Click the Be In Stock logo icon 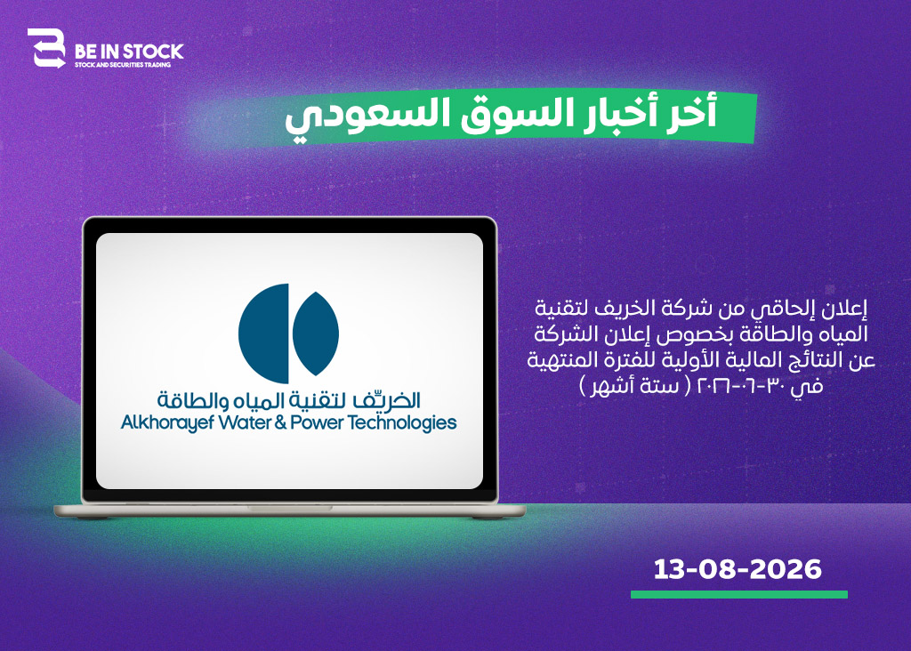pyautogui.click(x=46, y=48)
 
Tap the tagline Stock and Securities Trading pyautogui.click(x=123, y=65)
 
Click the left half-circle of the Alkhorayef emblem pyautogui.click(x=263, y=334)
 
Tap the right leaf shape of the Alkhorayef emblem pyautogui.click(x=316, y=334)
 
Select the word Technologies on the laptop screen pyautogui.click(x=402, y=423)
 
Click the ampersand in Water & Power pyautogui.click(x=280, y=422)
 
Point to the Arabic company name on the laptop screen pyautogui.click(x=289, y=399)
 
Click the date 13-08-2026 pyautogui.click(x=738, y=569)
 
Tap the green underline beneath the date pyautogui.click(x=739, y=595)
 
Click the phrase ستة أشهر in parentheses pyautogui.click(x=634, y=386)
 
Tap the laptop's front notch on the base pyautogui.click(x=289, y=508)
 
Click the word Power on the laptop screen pyautogui.click(x=318, y=422)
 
